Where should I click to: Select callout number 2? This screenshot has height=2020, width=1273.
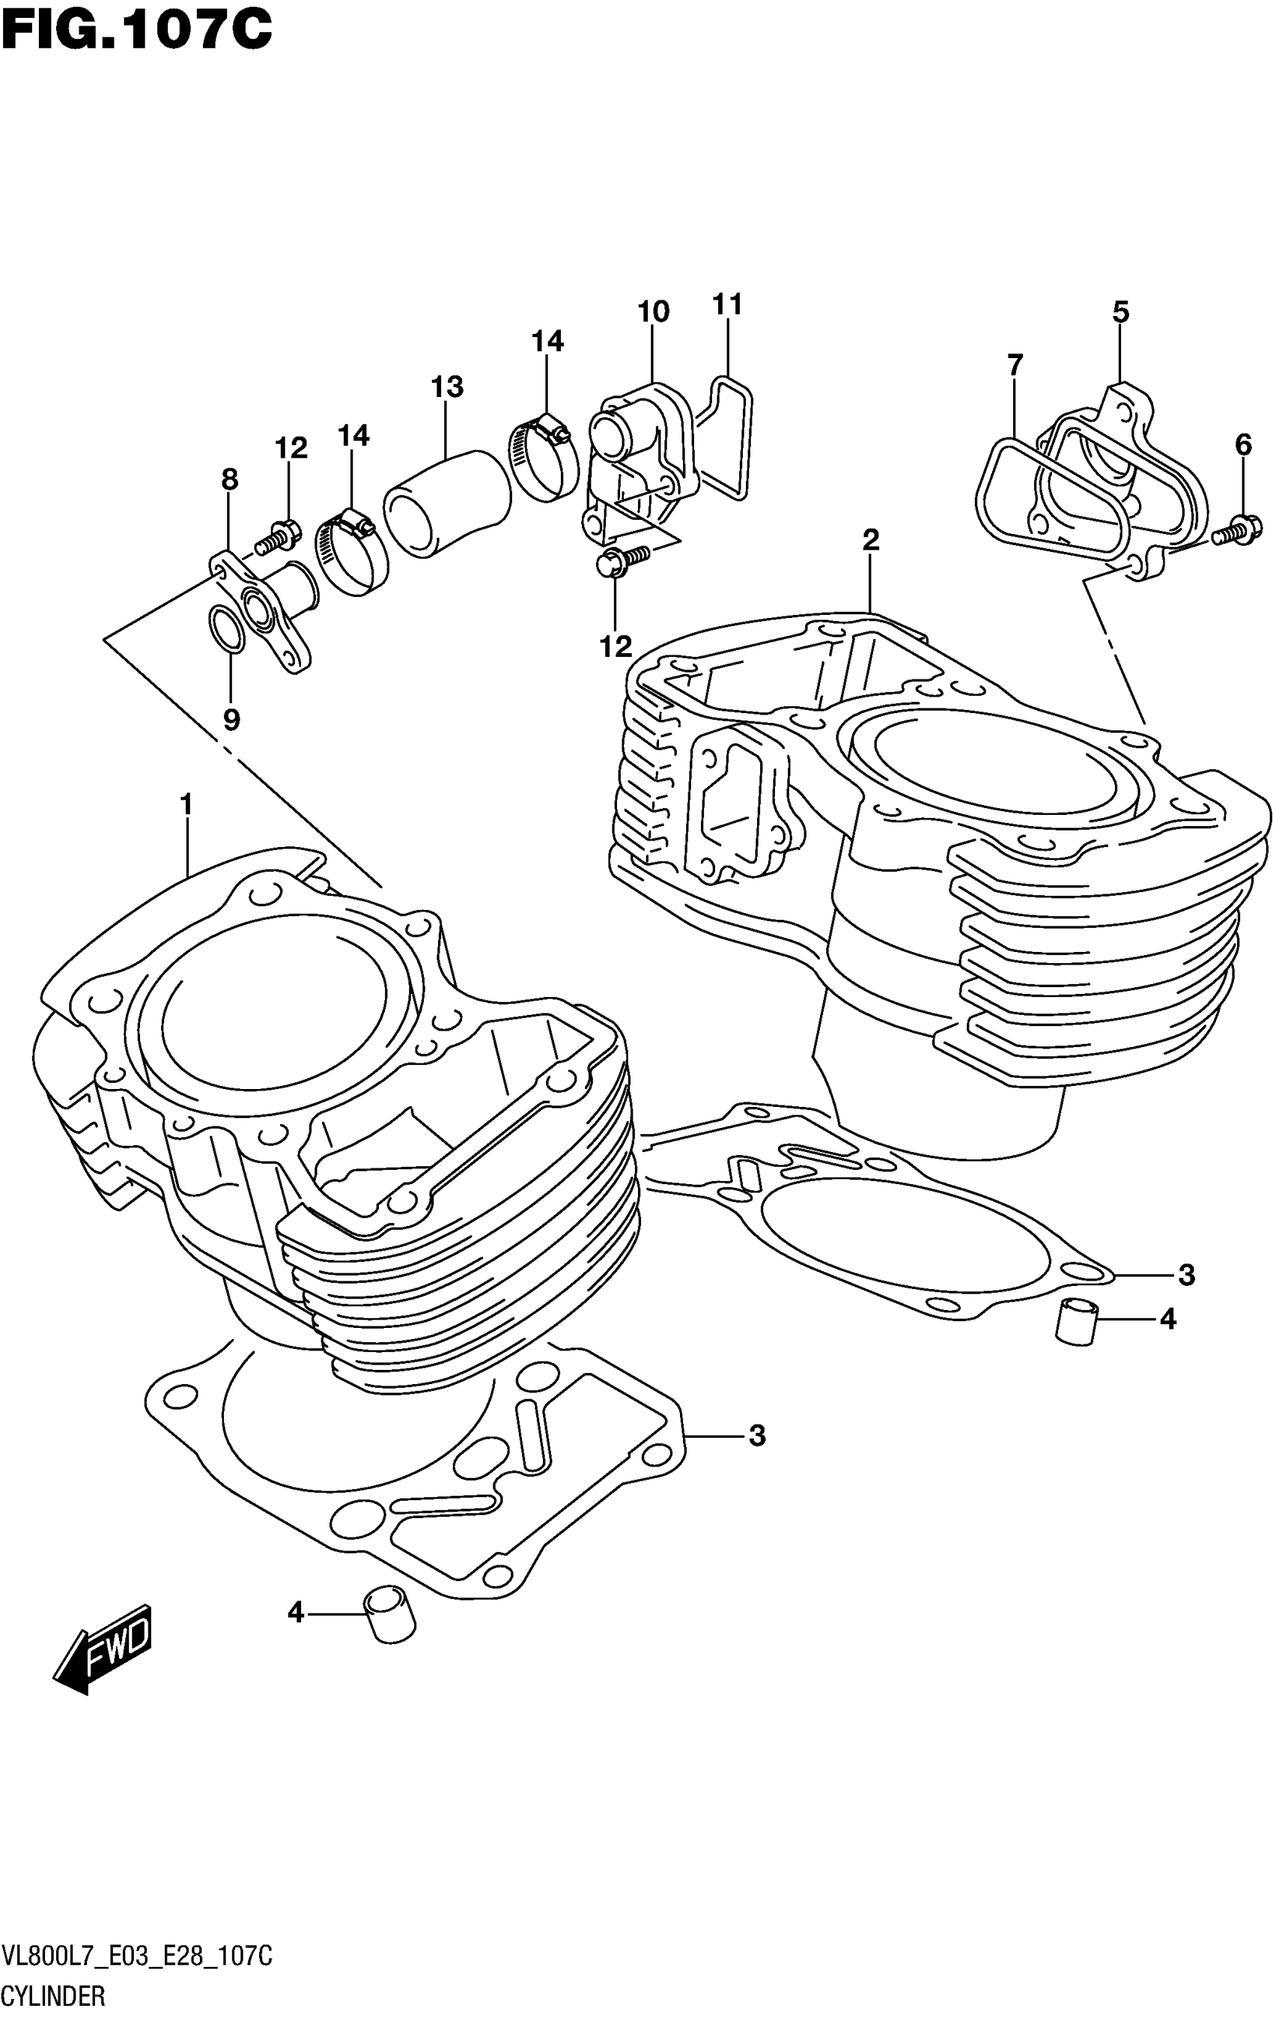(x=870, y=540)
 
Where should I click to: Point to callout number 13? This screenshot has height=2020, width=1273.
(x=447, y=387)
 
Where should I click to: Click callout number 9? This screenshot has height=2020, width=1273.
(x=231, y=719)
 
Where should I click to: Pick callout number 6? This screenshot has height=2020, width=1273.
(x=1243, y=446)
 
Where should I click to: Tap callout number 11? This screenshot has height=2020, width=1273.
(x=728, y=305)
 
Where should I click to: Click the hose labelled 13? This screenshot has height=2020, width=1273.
(x=447, y=504)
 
